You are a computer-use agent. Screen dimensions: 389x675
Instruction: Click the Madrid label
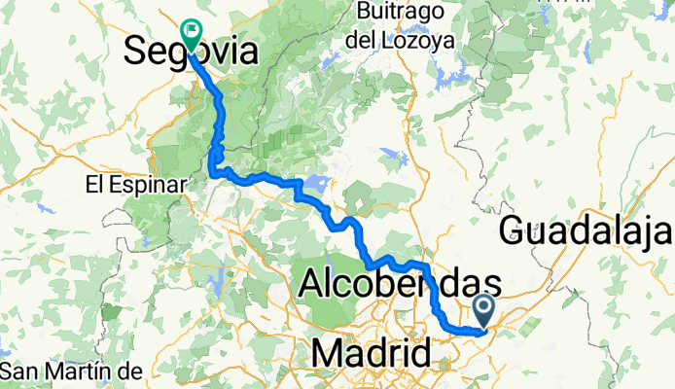[x=372, y=352]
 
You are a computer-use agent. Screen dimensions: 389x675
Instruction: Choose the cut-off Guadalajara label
[x=586, y=231]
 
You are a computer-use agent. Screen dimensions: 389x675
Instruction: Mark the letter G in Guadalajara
[x=515, y=231]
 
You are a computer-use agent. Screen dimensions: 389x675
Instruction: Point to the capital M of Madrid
[x=329, y=352]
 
